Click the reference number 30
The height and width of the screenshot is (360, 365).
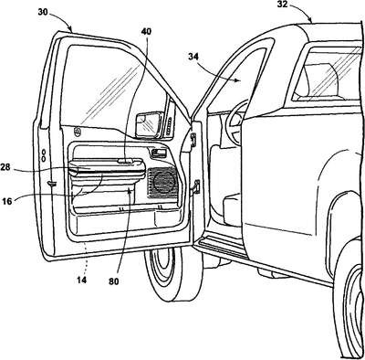44,13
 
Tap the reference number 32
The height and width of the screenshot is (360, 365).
283,4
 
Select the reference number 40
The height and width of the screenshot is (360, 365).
146,31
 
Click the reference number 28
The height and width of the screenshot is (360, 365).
5,167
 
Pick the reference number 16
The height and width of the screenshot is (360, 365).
7,201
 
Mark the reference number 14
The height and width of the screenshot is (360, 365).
81,280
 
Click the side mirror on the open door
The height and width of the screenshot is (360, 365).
147,124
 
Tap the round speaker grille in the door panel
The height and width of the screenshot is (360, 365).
165,182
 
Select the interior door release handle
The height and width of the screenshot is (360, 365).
158,152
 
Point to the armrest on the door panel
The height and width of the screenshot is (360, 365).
108,169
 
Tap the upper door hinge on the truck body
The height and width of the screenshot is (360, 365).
193,139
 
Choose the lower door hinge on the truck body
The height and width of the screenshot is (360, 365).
196,186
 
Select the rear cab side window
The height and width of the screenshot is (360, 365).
327,73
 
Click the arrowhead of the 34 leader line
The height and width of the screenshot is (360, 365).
239,80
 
